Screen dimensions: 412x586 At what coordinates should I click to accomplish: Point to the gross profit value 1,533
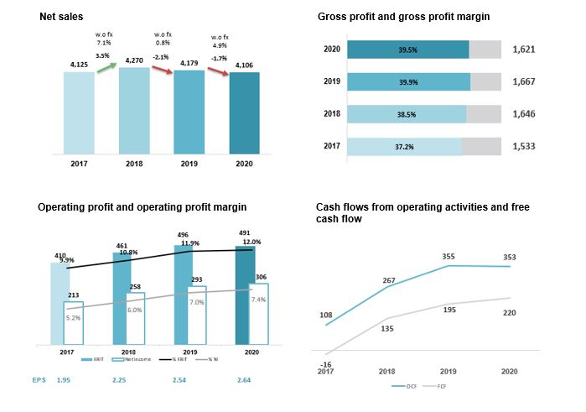(x=524, y=146)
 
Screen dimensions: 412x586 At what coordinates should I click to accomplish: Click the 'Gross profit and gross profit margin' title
(x=403, y=17)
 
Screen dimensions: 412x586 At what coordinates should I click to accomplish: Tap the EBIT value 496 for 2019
(x=184, y=236)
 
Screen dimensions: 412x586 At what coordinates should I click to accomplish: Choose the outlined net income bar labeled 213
(x=73, y=322)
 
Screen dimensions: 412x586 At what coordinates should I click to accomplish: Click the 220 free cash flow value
(x=509, y=312)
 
